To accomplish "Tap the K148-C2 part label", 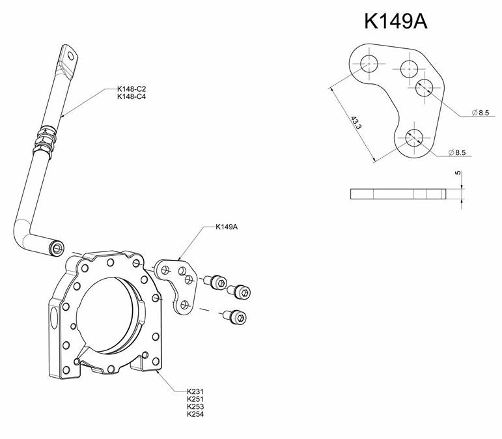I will (x=132, y=89).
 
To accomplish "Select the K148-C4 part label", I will (x=132, y=97).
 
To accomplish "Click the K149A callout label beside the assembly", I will (x=227, y=228).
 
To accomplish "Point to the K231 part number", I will (x=195, y=392).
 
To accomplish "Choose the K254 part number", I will (x=195, y=414).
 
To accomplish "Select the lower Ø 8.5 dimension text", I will (x=458, y=152).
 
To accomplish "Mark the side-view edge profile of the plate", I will (x=397, y=193).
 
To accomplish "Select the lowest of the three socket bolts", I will (x=237, y=317).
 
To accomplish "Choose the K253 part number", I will (x=195, y=407).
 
